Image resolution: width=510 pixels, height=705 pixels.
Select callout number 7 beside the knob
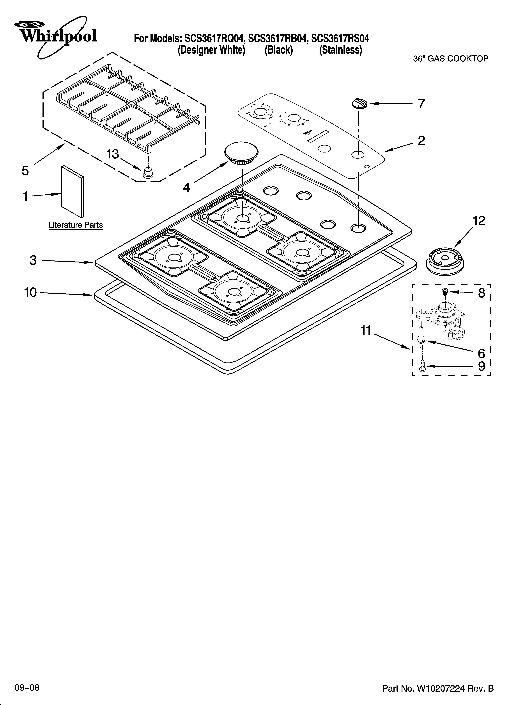coord(421,104)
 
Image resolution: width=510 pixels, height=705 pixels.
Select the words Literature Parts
coord(75,225)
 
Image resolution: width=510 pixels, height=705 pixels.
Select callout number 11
coord(366,331)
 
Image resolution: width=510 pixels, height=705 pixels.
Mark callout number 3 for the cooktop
coord(33,260)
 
